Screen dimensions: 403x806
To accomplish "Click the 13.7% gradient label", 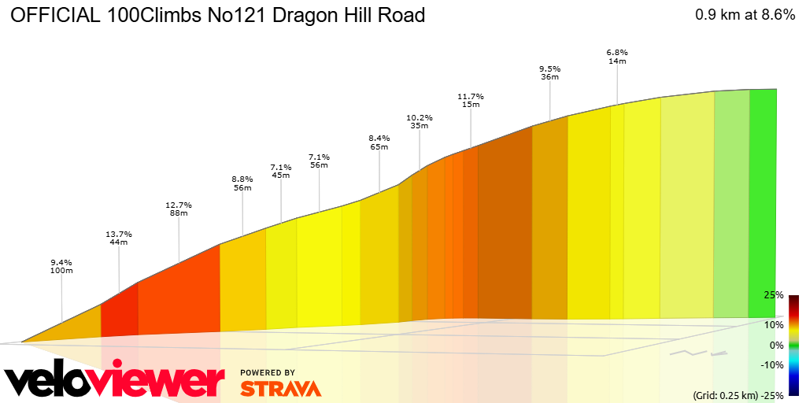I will pyautogui.click(x=119, y=235).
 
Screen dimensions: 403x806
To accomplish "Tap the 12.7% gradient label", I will pyautogui.click(x=179, y=205).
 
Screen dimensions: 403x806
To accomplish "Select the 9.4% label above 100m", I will pyautogui.click(x=61, y=262).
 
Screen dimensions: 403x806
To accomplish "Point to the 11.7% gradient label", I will pyautogui.click(x=471, y=96).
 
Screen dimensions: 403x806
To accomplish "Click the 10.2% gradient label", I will pyautogui.click(x=420, y=117).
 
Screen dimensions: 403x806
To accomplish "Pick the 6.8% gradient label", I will pyautogui.click(x=617, y=53).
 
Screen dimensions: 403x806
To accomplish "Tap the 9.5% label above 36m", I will pyautogui.click(x=549, y=68).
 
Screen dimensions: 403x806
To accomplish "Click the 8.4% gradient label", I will pyautogui.click(x=380, y=138).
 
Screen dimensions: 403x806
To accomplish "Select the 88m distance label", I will pyautogui.click(x=179, y=213).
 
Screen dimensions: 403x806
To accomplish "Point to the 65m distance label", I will pyautogui.click(x=380, y=146).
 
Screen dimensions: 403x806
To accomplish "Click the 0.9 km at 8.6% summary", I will pyautogui.click(x=745, y=15).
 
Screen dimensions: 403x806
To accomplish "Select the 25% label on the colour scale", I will pyautogui.click(x=774, y=295).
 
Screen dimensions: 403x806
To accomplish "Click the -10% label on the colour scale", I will pyautogui.click(x=772, y=364).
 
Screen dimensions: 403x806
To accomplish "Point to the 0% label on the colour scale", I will pyautogui.click(x=776, y=345).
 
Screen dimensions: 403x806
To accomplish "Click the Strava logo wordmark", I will pyautogui.click(x=280, y=388).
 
